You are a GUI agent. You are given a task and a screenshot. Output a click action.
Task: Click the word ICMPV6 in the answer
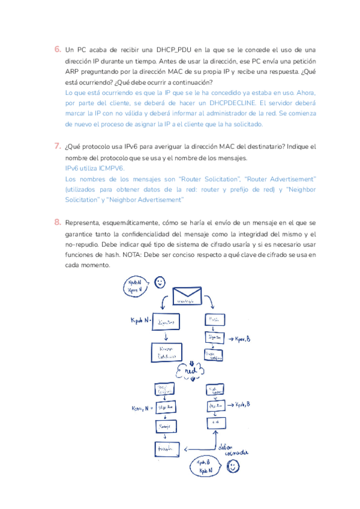(x=110, y=169)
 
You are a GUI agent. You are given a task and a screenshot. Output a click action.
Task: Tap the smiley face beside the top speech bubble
(x=159, y=282)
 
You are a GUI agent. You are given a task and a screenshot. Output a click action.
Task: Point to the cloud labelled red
(x=191, y=371)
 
